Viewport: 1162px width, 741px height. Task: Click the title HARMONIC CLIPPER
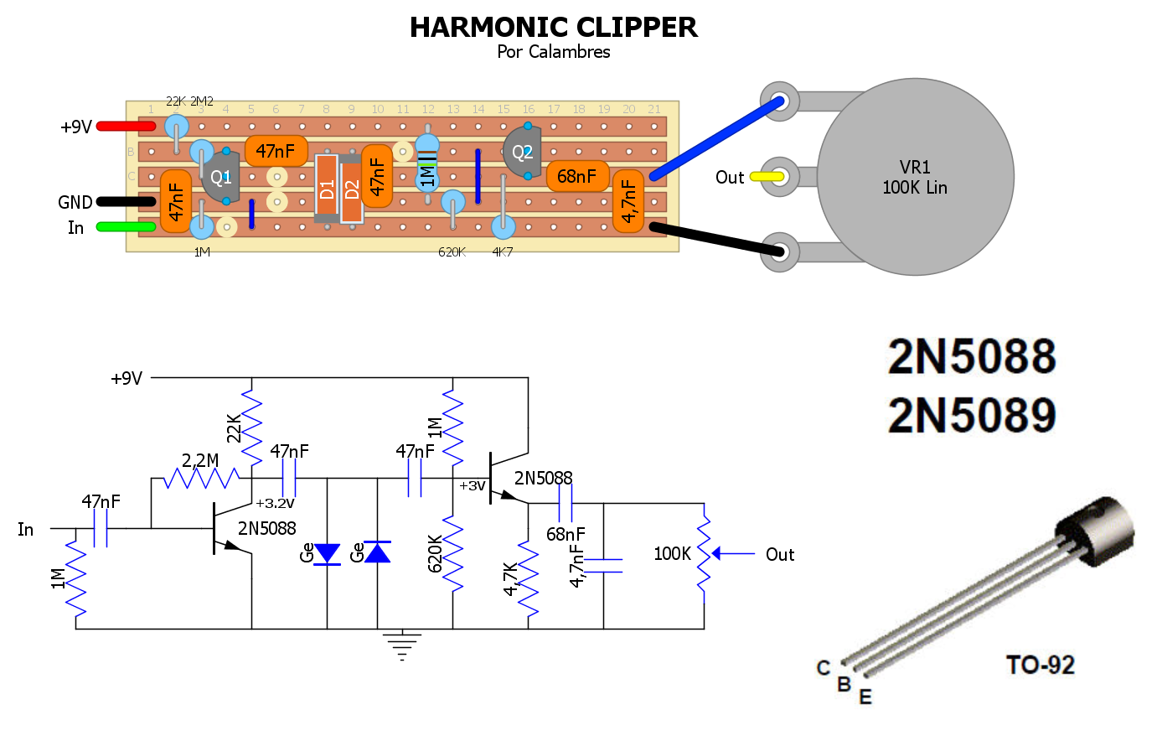tap(553, 28)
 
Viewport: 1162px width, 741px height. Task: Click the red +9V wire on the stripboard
tap(126, 127)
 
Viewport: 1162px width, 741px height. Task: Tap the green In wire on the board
tap(126, 227)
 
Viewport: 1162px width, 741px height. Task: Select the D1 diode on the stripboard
tap(327, 189)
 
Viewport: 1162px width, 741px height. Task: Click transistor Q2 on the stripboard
tap(523, 152)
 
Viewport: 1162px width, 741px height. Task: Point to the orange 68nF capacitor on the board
tap(577, 176)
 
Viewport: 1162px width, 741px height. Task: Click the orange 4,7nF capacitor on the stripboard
tap(628, 201)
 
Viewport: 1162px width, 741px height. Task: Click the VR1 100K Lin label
tap(915, 178)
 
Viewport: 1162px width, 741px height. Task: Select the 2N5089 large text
tap(972, 416)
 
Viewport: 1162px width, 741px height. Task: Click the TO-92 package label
tap(1040, 666)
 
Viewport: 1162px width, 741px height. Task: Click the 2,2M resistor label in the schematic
tap(200, 460)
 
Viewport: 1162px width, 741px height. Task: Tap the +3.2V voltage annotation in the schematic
tap(275, 504)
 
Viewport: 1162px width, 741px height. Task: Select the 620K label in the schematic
tap(436, 553)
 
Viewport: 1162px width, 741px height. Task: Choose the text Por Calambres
tap(553, 52)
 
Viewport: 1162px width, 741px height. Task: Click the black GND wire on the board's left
tap(126, 202)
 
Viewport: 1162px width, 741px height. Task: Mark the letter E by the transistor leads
tap(865, 697)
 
